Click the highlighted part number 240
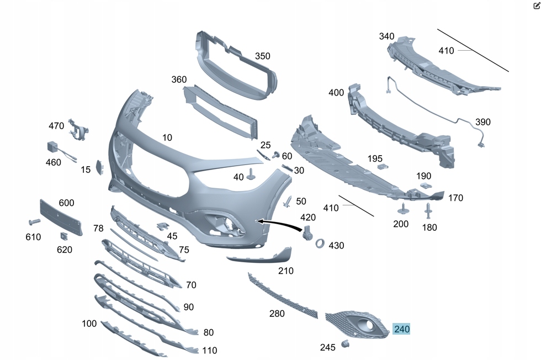click(x=402, y=329)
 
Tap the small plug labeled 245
click(x=344, y=343)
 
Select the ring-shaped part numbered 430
click(x=320, y=243)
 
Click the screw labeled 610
click(x=34, y=221)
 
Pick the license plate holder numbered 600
click(x=61, y=218)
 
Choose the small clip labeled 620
click(x=64, y=236)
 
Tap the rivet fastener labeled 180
click(x=428, y=210)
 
